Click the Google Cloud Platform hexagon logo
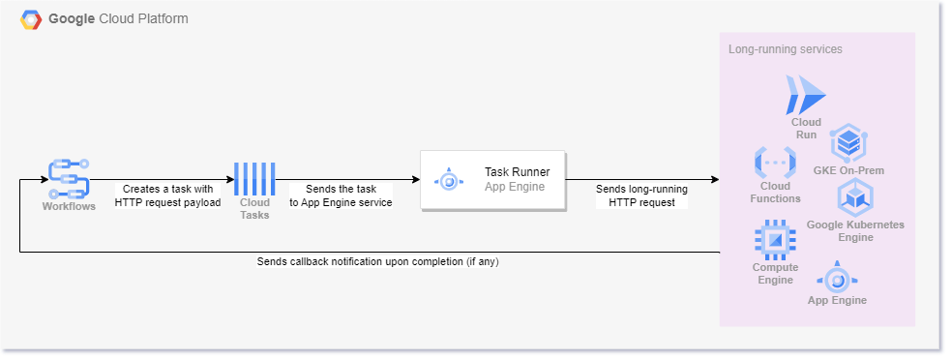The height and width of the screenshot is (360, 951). [32, 19]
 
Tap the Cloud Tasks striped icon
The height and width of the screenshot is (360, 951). [254, 179]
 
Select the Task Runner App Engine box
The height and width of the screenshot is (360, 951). [492, 180]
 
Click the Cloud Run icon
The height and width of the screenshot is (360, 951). [806, 95]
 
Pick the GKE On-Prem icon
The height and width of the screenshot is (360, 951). [848, 143]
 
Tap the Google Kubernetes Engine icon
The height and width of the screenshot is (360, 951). [855, 198]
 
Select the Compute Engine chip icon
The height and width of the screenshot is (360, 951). [775, 238]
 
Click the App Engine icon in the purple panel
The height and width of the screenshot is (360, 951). [838, 279]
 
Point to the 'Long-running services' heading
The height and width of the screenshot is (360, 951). [785, 48]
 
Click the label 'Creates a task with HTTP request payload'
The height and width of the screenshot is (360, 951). [167, 195]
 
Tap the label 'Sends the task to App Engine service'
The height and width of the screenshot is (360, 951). [341, 195]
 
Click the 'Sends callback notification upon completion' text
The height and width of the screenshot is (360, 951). [383, 261]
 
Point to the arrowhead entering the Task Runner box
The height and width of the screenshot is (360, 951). [414, 180]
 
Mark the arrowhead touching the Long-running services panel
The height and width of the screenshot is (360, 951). [714, 180]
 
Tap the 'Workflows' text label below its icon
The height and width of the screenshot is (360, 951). [69, 205]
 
